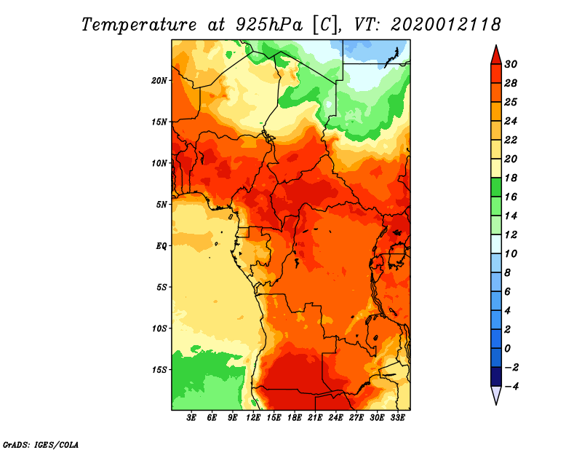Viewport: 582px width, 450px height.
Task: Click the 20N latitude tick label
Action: tap(159, 80)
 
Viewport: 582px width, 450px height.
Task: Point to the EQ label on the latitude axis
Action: tap(161, 245)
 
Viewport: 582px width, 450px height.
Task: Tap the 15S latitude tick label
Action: tap(159, 370)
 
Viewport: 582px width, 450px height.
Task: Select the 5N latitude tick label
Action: tap(161, 205)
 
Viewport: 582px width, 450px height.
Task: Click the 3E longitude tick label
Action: tap(191, 418)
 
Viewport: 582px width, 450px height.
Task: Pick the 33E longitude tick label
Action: tap(397, 418)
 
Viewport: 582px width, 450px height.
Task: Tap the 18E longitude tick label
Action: tap(295, 418)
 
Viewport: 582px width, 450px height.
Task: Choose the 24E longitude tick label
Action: tap(335, 418)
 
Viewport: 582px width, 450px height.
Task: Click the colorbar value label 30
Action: tap(511, 64)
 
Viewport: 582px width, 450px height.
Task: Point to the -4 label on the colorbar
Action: tap(511, 387)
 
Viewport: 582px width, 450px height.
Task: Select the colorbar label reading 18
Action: tap(511, 178)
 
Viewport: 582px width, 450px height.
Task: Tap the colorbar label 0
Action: tap(508, 349)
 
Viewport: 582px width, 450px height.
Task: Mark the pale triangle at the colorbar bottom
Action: tap(496, 394)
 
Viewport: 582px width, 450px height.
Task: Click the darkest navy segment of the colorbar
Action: tap(496, 376)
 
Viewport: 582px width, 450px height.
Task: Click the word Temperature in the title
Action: tap(139, 25)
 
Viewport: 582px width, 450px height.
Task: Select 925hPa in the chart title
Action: tap(269, 25)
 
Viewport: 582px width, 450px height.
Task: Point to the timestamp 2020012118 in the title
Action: tap(446, 25)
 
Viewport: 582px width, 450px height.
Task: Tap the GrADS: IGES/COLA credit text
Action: tap(41, 444)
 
